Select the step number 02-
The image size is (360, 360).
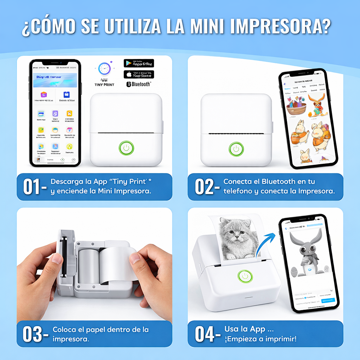(207, 187)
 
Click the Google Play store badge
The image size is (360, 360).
(139, 63)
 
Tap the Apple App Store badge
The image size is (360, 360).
(139, 74)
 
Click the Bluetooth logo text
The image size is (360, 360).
(139, 84)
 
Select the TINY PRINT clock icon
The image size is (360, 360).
(104, 69)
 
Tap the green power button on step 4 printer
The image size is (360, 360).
(245, 276)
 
